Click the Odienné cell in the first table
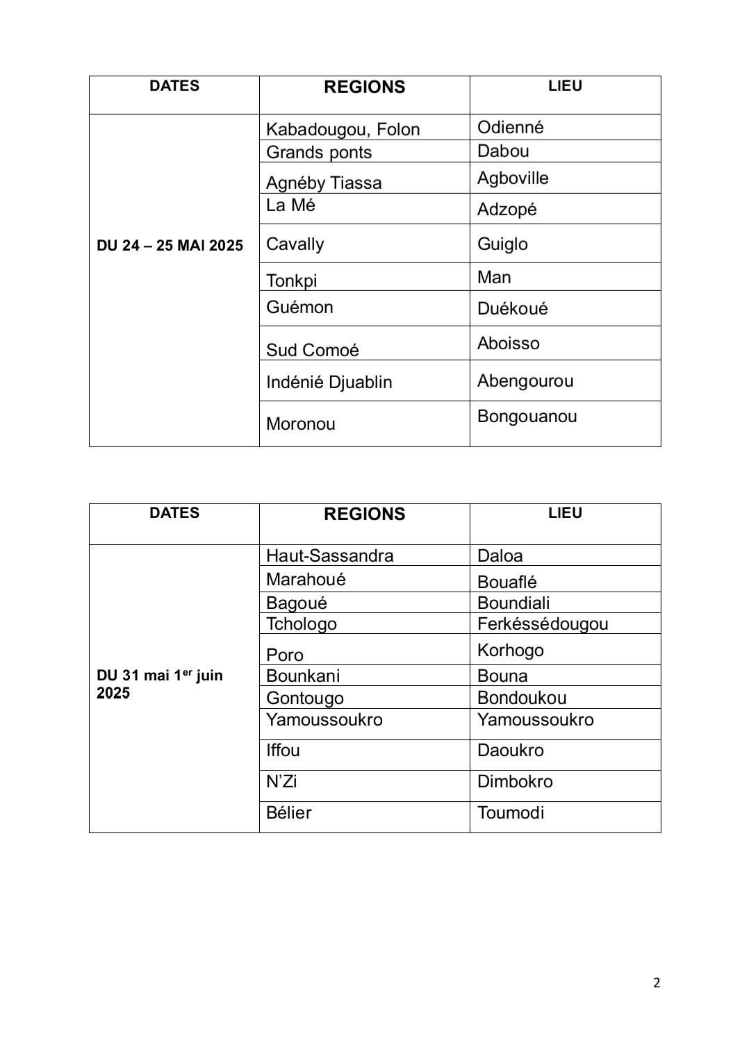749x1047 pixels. (x=510, y=127)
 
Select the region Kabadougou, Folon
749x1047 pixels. (x=343, y=130)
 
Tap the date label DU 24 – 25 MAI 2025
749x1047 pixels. (x=170, y=246)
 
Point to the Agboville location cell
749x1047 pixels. (x=513, y=178)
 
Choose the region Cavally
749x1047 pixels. (x=295, y=244)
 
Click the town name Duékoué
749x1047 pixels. (x=512, y=308)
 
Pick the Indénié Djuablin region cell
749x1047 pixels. (x=329, y=383)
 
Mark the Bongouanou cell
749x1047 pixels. (x=527, y=417)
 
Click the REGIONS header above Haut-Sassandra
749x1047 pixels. (x=364, y=514)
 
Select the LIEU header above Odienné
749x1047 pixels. (x=564, y=86)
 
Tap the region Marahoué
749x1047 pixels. (x=306, y=580)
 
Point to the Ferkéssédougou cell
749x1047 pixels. (x=542, y=623)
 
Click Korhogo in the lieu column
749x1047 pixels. (x=510, y=651)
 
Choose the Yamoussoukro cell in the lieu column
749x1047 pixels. (x=535, y=720)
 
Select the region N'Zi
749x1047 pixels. (x=281, y=782)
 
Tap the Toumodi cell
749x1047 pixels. (x=511, y=813)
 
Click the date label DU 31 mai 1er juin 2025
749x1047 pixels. (x=160, y=685)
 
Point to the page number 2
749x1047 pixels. (x=657, y=982)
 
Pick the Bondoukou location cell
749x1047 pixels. (x=522, y=698)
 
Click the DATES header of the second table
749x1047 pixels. (x=174, y=513)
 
